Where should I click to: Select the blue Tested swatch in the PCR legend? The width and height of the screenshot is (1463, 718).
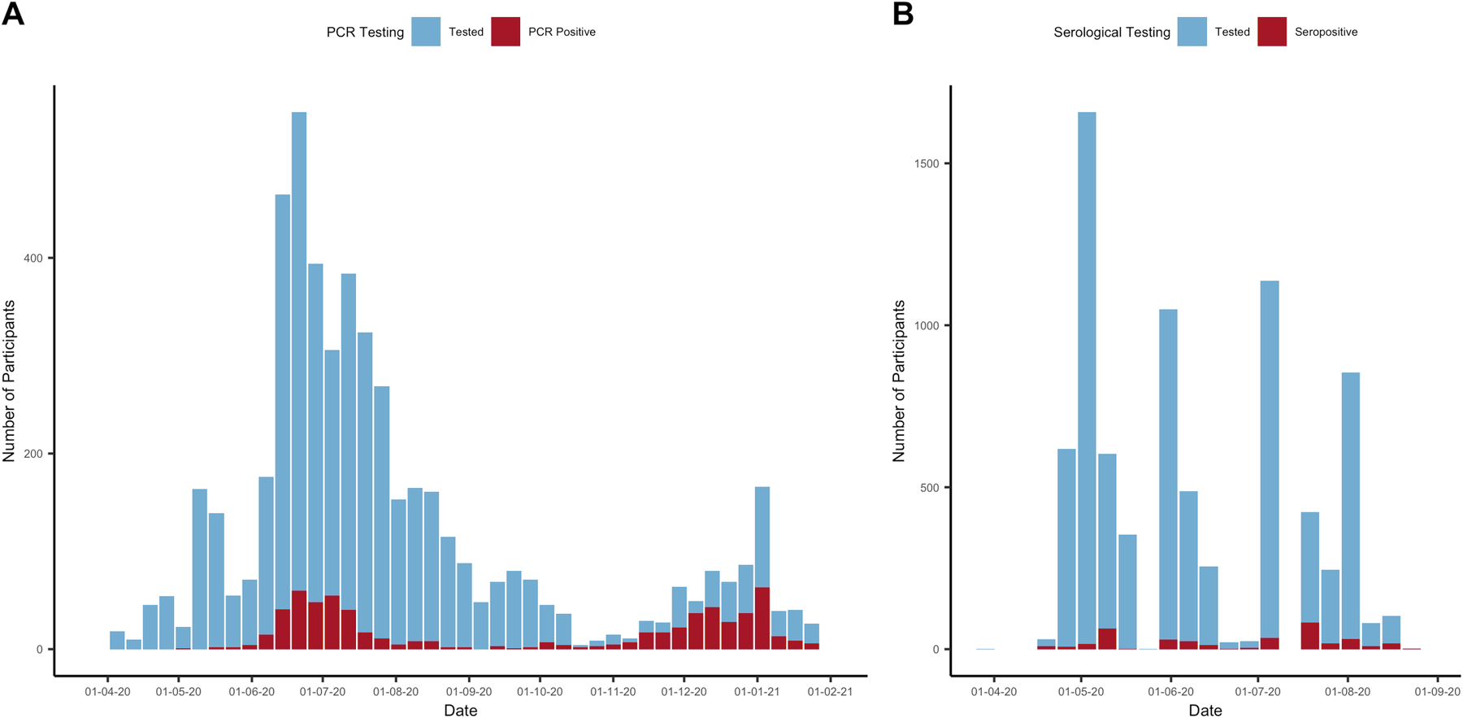pyautogui.click(x=426, y=32)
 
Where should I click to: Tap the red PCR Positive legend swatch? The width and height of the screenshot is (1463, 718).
pyautogui.click(x=506, y=32)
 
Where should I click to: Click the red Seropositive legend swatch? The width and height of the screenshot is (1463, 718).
pyautogui.click(x=1272, y=32)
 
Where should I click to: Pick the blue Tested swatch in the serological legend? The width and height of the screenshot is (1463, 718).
pyautogui.click(x=1192, y=32)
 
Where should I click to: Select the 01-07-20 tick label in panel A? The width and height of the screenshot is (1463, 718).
pyautogui.click(x=323, y=692)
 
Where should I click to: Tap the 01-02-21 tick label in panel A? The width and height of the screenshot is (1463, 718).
pyautogui.click(x=830, y=692)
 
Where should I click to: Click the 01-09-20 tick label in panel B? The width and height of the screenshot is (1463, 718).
pyautogui.click(x=1437, y=692)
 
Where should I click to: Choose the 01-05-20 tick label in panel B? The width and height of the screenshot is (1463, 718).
pyautogui.click(x=1081, y=692)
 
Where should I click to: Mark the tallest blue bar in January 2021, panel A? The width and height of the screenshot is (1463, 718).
pyautogui.click(x=762, y=537)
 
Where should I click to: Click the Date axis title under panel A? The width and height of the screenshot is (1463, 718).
pyautogui.click(x=460, y=710)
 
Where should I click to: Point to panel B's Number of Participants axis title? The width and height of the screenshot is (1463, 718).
pyautogui.click(x=899, y=381)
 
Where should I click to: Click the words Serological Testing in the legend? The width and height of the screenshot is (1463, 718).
pyautogui.click(x=1111, y=33)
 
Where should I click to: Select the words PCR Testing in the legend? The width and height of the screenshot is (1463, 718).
pyautogui.click(x=365, y=33)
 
